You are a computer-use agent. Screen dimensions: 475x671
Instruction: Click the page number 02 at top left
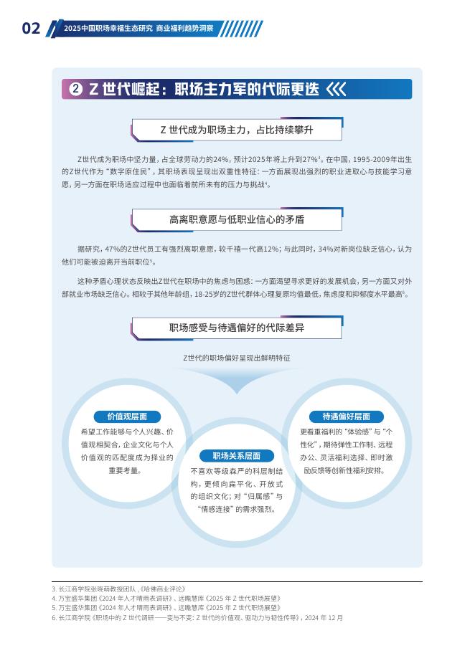[x=31, y=29]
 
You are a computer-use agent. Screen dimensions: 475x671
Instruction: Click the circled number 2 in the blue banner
[x=76, y=89]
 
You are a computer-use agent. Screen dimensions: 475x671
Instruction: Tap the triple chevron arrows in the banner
[x=336, y=89]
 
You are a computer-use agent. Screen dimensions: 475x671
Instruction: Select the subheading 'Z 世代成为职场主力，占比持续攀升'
[x=237, y=130]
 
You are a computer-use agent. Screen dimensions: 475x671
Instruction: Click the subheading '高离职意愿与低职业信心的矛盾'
[x=237, y=219]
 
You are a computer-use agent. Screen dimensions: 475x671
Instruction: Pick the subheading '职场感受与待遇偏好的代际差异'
[x=237, y=328]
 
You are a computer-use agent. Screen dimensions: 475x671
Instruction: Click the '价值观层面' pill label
[x=127, y=417]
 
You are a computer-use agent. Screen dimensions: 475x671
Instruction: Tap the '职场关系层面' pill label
[x=237, y=456]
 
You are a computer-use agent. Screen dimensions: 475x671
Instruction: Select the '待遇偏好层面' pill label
[x=346, y=417]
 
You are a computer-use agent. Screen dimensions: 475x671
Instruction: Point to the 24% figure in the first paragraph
[x=221, y=158]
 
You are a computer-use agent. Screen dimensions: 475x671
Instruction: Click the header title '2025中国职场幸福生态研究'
[x=108, y=29]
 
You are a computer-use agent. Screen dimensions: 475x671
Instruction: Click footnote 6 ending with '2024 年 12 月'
[x=197, y=617]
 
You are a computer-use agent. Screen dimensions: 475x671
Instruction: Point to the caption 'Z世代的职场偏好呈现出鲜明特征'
[x=237, y=357]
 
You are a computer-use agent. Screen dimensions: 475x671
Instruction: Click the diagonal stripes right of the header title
[x=241, y=29]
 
